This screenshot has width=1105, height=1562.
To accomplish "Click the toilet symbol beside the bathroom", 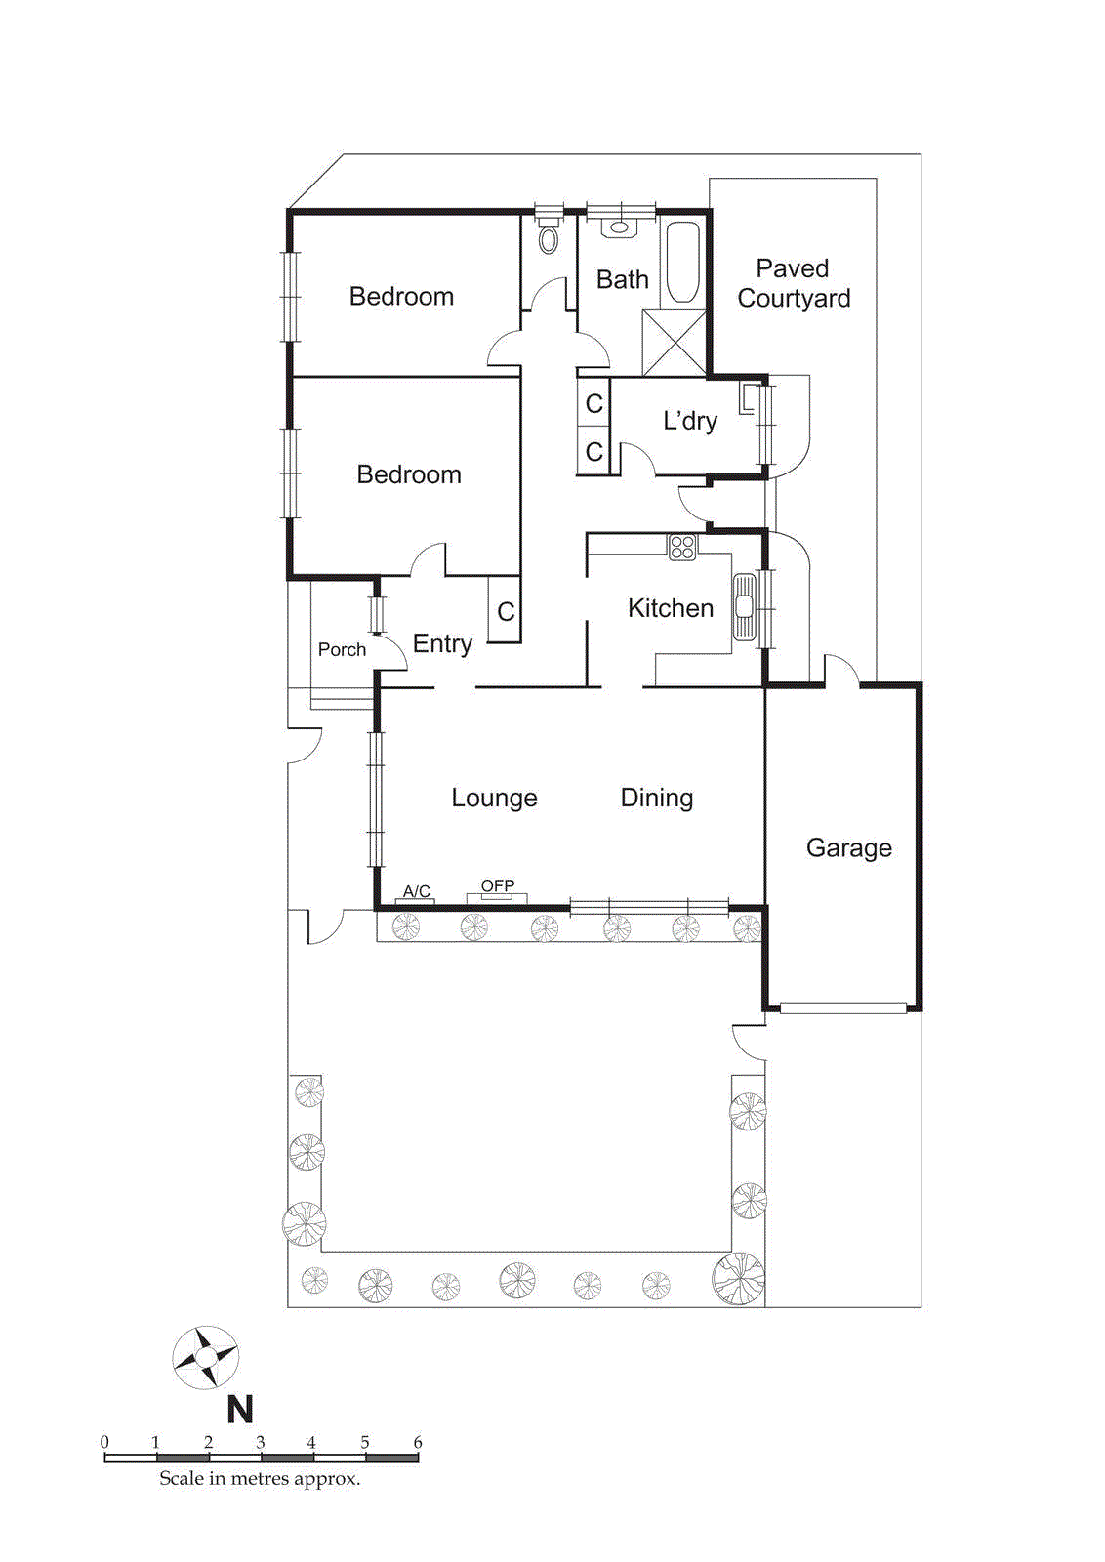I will tap(549, 237).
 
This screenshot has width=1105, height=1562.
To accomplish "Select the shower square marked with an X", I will tap(674, 343).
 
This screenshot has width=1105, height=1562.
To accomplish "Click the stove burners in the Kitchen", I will tap(682, 547).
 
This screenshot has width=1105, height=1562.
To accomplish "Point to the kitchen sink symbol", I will tap(745, 607).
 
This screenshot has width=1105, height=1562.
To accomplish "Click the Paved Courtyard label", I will tap(793, 283).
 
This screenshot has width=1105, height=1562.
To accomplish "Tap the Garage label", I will tap(848, 847).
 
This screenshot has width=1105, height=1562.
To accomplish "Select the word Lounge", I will tap(494, 798).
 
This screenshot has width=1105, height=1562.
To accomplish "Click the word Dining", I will tap(656, 798).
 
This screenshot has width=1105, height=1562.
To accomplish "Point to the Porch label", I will tap(342, 649).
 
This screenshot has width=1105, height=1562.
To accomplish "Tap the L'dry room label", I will tap(689, 421).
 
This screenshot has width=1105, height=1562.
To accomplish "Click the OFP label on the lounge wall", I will tap(497, 885).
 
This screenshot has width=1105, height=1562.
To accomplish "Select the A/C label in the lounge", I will tap(416, 890).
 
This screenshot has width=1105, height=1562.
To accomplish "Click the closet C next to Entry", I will tap(505, 612).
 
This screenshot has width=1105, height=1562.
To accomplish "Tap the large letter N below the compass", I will tap(240, 1410).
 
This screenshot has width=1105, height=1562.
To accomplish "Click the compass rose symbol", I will tap(206, 1358).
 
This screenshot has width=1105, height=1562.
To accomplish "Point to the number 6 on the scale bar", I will tap(418, 1442).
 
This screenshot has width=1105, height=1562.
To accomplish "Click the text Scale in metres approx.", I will tap(260, 1479).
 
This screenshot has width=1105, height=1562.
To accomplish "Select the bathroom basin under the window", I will tap(619, 227).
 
